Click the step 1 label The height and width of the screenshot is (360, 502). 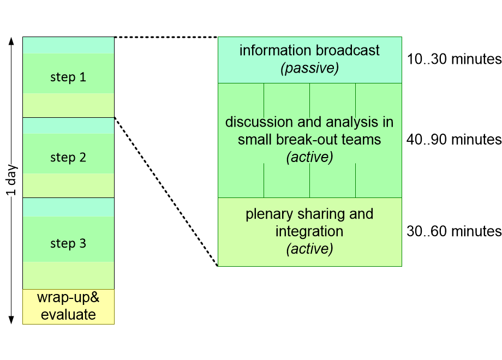tap(68, 77)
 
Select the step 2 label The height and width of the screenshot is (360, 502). tap(68, 158)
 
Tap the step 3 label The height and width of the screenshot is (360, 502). tap(68, 243)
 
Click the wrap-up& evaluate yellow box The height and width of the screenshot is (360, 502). tap(68, 307)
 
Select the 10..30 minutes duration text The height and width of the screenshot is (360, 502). tap(453, 59)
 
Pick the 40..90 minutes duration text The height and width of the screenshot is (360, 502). tap(453, 140)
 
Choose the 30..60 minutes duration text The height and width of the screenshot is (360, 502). tap(453, 231)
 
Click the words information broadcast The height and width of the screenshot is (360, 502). tap(309, 51)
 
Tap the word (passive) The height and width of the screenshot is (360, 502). tap(309, 68)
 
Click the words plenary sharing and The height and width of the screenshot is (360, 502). tap(309, 214)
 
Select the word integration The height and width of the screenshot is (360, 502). tap(309, 231)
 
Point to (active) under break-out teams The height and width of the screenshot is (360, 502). tap(309, 157)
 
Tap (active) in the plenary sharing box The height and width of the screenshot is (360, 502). tap(309, 249)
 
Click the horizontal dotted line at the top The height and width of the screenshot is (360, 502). tap(166, 37)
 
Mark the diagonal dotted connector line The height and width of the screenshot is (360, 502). tap(166, 191)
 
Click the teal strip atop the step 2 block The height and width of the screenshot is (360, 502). tap(68, 125)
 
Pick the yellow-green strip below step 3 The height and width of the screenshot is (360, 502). tap(68, 275)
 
